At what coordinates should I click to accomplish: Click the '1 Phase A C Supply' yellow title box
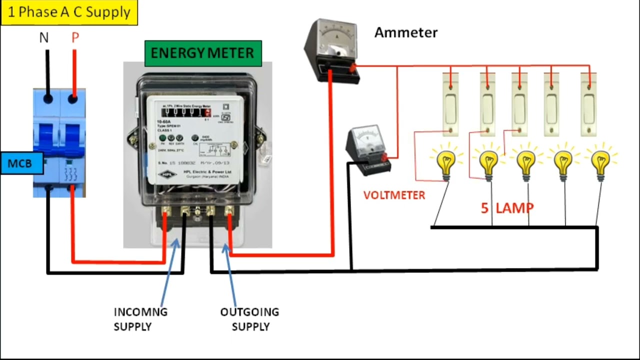(69, 12)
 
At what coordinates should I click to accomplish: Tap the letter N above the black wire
(44, 38)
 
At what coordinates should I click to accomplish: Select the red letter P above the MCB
(75, 38)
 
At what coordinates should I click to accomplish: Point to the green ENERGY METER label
(202, 53)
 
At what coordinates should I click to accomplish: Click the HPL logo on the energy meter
(167, 174)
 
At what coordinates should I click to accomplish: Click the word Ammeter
(405, 33)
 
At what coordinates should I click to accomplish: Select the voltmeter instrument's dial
(368, 139)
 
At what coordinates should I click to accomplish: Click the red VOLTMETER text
(394, 195)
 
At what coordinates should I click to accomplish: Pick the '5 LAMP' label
(507, 208)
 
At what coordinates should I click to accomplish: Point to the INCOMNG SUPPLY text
(140, 319)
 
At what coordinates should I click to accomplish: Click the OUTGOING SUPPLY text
(250, 319)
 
